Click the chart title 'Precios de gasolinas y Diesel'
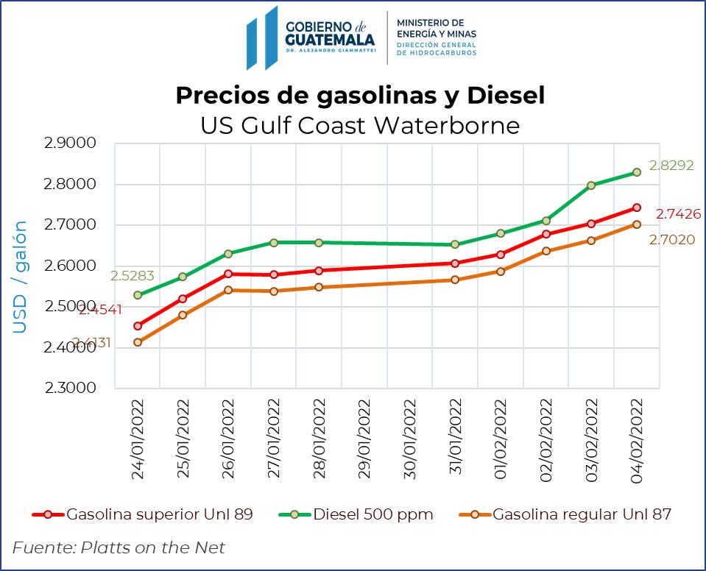(x=360, y=96)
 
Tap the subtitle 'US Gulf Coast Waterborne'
(x=360, y=125)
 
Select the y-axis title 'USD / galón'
(x=20, y=276)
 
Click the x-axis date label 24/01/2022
(x=138, y=439)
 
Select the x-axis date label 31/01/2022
(x=455, y=439)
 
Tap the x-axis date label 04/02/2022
(x=636, y=439)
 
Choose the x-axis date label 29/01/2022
(x=364, y=439)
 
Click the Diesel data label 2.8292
(x=670, y=166)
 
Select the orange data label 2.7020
(x=670, y=239)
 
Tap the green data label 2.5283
(x=132, y=277)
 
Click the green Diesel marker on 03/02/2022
(x=591, y=185)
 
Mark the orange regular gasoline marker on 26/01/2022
(x=228, y=290)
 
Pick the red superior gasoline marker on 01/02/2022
(x=501, y=255)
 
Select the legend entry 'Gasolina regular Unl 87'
(x=582, y=514)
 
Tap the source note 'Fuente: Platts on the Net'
(x=119, y=547)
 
